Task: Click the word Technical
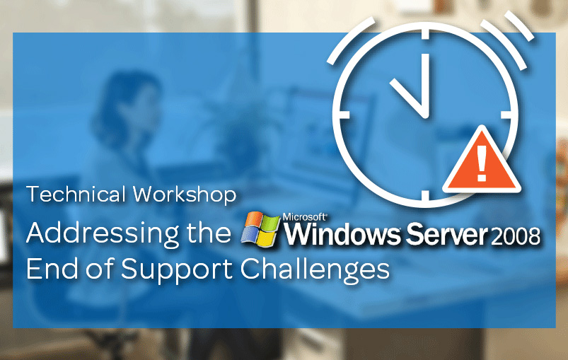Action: click(76, 194)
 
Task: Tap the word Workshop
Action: click(185, 194)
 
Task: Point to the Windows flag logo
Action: click(260, 229)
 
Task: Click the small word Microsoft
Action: click(304, 217)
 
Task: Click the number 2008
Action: click(515, 236)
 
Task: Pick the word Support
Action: click(176, 271)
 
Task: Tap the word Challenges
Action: click(315, 271)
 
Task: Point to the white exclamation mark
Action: click(482, 163)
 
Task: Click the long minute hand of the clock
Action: click(425, 86)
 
